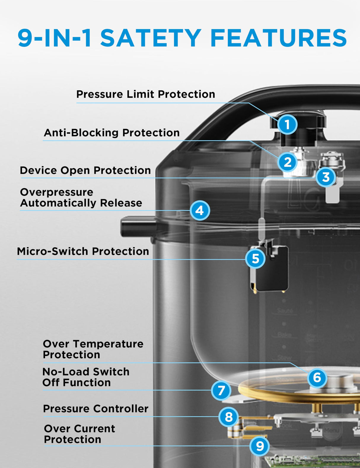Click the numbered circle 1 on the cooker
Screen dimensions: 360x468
(x=287, y=125)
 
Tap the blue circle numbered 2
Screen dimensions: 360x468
(x=287, y=162)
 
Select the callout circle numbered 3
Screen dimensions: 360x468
(x=326, y=177)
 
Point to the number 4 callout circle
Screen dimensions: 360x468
(x=200, y=210)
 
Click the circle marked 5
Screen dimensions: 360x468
(x=255, y=258)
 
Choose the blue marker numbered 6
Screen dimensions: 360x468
(x=317, y=378)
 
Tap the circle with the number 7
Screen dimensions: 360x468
(x=221, y=391)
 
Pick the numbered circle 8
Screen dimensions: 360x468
(x=228, y=417)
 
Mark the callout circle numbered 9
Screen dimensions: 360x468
(x=260, y=446)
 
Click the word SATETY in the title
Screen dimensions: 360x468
(x=151, y=38)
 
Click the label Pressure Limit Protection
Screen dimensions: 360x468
(x=146, y=94)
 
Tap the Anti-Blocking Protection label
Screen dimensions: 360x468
(x=112, y=133)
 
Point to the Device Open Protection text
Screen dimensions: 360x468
(x=85, y=170)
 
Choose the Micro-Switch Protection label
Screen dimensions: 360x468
(x=83, y=251)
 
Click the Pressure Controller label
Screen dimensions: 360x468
(x=95, y=409)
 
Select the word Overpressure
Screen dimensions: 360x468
(x=57, y=192)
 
